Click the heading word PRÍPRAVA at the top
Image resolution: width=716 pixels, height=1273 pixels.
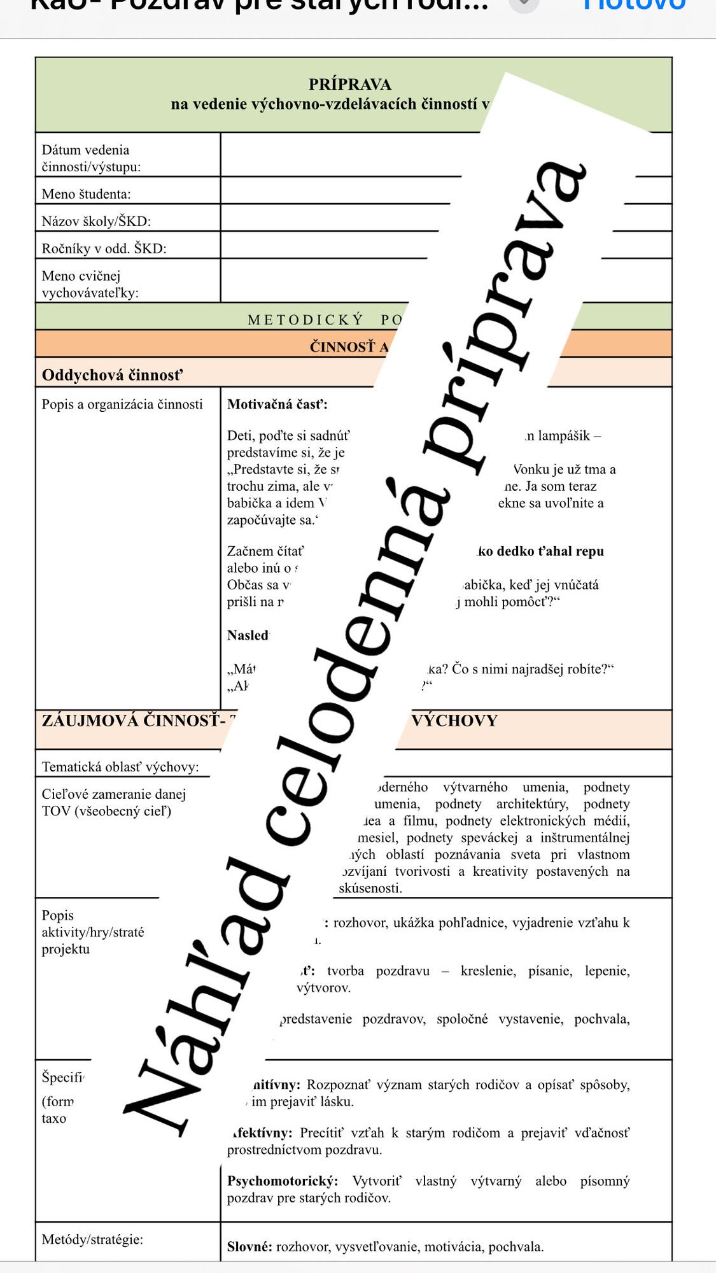(349, 84)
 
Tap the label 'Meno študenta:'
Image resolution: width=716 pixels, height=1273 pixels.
(86, 194)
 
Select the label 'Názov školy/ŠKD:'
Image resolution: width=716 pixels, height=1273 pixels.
(96, 222)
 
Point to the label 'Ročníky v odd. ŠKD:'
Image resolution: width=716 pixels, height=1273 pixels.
(104, 249)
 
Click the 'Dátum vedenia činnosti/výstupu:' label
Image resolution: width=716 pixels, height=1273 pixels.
(91, 158)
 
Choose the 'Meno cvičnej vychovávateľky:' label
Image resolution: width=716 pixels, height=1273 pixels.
(90, 285)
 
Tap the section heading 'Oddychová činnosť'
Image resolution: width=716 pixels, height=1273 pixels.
(112, 375)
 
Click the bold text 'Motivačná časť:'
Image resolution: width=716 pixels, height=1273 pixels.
(277, 404)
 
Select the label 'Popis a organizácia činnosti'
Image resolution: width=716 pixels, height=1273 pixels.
(122, 405)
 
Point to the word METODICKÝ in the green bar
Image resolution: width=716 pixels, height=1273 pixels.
(305, 320)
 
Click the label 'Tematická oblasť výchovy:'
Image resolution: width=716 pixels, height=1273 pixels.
(120, 767)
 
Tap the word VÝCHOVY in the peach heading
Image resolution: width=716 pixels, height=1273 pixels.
(454, 721)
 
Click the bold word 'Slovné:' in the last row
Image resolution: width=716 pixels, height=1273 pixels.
(249, 1247)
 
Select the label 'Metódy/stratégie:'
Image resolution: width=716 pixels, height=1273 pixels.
(92, 1239)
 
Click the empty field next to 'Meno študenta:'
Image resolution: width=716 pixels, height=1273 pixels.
(337, 190)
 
